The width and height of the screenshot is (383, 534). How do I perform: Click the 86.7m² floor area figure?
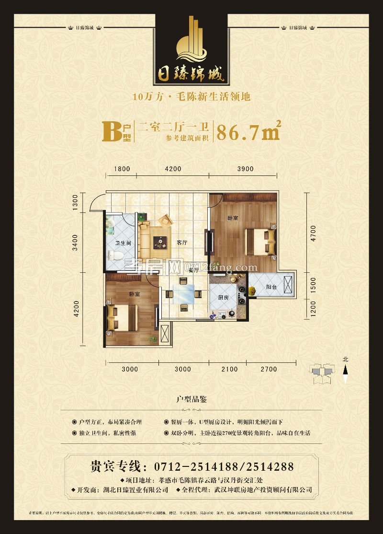[x=248, y=131]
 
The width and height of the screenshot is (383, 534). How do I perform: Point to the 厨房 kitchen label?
[x=224, y=298]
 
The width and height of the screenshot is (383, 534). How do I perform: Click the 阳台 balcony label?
[x=271, y=288]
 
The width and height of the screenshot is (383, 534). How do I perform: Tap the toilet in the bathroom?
[x=115, y=255]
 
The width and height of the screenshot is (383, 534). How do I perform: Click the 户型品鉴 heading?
[x=191, y=399]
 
